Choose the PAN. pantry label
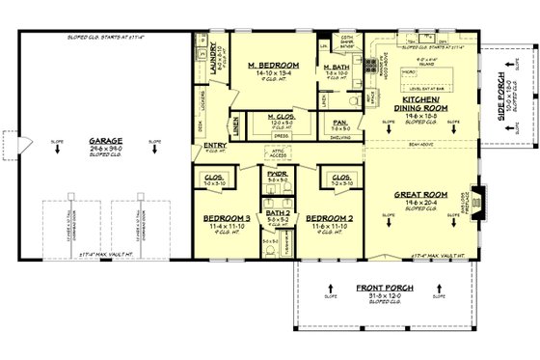(340, 123)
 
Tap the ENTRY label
(216, 146)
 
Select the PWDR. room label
(278, 175)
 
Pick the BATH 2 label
(278, 212)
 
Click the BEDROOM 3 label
(227, 219)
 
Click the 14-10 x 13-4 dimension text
(271, 73)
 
